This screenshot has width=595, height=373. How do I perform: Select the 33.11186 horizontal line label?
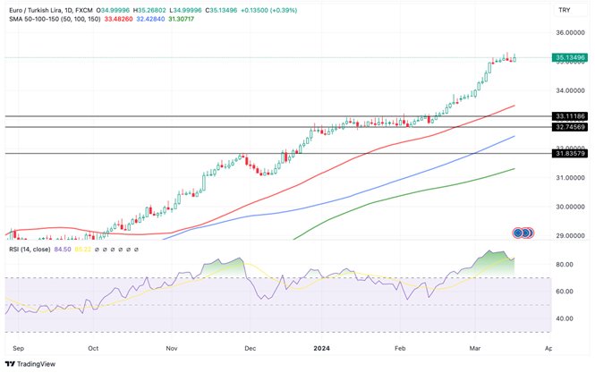click(570, 116)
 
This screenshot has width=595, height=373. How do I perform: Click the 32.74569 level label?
click(570, 127)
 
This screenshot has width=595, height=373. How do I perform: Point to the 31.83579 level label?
click(570, 153)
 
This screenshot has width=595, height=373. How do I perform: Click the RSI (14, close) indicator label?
click(34, 250)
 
